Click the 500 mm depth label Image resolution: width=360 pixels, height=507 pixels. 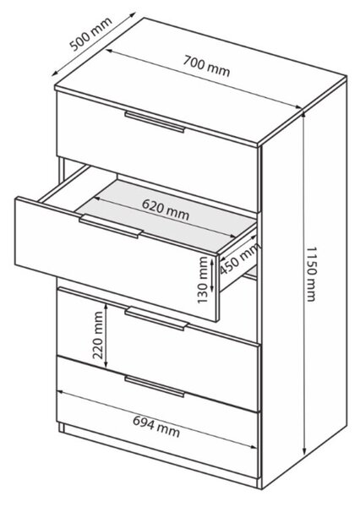[x=91, y=34]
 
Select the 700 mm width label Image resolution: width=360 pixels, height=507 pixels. [x=206, y=66]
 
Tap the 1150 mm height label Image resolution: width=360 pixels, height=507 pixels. [x=311, y=274]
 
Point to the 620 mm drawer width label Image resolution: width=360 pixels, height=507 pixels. [x=166, y=210]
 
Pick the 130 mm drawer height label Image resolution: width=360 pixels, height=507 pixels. [x=203, y=280]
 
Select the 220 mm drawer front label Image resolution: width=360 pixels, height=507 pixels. [x=98, y=335]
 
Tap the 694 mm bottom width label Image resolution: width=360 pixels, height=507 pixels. [x=156, y=426]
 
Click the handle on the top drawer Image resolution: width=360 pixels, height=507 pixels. [x=155, y=122]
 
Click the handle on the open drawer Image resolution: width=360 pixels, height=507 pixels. [x=111, y=226]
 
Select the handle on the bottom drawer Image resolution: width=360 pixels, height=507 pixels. [x=155, y=386]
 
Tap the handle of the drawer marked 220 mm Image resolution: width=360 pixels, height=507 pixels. [x=156, y=319]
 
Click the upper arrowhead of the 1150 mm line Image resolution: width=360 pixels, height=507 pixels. [x=303, y=116]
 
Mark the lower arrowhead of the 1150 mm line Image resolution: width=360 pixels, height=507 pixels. [x=304, y=450]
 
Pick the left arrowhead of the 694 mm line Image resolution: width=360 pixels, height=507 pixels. [x=61, y=392]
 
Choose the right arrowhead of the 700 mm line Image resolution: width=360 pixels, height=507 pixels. [x=297, y=107]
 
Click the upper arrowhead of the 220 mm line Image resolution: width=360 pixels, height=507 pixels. [x=106, y=307]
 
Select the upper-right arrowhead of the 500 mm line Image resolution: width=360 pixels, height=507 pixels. [x=132, y=15]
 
